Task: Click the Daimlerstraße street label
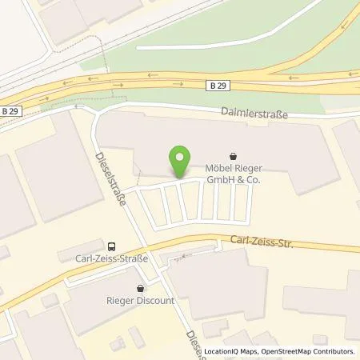click(254, 114)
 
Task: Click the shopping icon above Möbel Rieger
click(233, 156)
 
